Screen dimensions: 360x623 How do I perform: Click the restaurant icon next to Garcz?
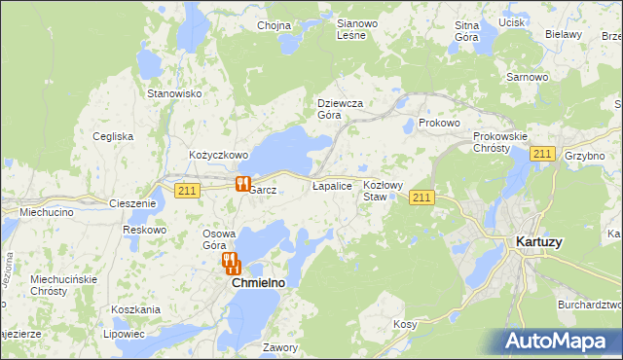(241, 183)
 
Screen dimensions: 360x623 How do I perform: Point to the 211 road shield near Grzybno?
(543, 155)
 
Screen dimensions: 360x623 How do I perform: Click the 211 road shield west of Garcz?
(189, 191)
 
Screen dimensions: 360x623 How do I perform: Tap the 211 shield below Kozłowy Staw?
(421, 198)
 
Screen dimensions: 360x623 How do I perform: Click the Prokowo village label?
(438, 124)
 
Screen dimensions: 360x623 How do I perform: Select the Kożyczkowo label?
(219, 155)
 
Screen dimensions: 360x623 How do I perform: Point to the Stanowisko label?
(173, 93)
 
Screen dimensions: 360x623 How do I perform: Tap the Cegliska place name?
(113, 136)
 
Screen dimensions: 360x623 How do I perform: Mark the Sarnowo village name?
(526, 76)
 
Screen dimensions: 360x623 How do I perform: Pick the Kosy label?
(405, 324)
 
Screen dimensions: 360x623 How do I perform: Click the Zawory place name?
(280, 347)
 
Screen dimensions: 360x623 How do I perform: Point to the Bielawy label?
(563, 34)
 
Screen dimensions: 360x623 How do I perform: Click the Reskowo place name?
(145, 230)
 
